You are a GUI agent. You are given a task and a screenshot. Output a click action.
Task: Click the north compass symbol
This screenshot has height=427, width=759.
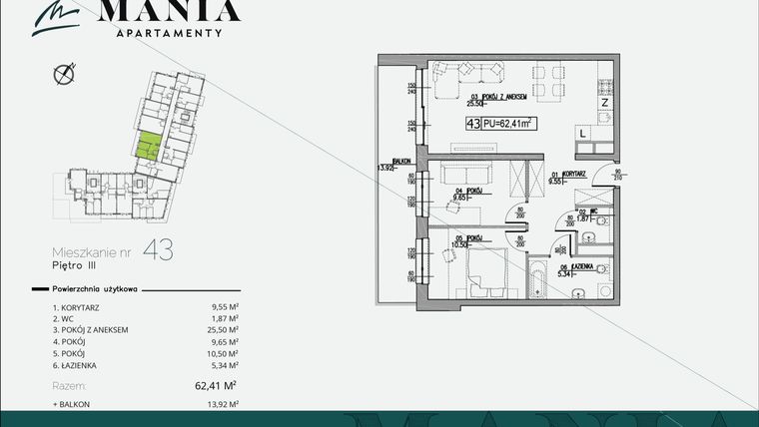66,72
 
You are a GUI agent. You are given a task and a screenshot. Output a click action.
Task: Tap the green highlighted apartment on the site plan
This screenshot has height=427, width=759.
149,147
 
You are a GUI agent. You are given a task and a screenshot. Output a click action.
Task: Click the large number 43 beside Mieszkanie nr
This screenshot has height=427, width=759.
158,250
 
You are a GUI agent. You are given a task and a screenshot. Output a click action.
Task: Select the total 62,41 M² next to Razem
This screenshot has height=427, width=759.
222,384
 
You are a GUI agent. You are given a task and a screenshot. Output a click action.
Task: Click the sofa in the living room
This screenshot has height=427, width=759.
470,73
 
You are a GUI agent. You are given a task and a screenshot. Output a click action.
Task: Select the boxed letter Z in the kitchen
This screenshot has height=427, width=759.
604,101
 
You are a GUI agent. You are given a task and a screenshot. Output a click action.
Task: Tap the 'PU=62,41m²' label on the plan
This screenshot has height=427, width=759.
507,124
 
